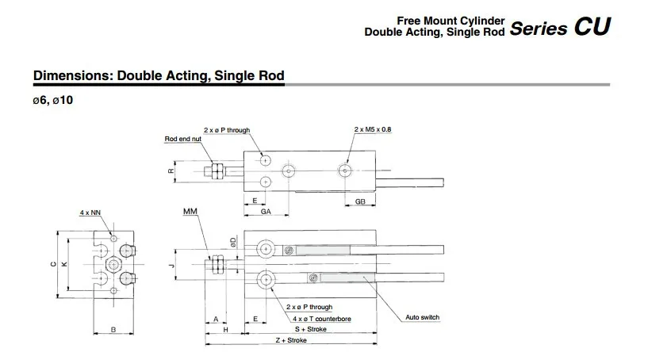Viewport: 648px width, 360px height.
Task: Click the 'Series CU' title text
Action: [560, 27]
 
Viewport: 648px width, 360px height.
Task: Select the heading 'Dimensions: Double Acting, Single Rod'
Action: [159, 75]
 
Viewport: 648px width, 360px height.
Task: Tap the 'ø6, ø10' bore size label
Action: [53, 101]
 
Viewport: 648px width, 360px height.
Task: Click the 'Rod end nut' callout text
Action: [182, 139]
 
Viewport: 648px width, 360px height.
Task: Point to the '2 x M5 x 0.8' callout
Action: [372, 129]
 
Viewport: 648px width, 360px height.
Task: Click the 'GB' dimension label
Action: [360, 201]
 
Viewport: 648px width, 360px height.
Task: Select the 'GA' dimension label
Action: [266, 212]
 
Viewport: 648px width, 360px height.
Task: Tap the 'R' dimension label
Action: [171, 170]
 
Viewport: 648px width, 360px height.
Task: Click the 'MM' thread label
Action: [190, 212]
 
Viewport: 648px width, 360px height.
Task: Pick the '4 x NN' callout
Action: [90, 213]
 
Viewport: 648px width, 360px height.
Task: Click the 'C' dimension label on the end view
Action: [53, 264]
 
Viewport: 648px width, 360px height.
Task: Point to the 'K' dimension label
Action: [64, 264]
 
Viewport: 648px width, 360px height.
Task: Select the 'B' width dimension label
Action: [113, 330]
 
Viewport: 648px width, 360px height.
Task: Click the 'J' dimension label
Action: [172, 266]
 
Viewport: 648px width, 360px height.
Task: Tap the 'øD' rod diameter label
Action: [233, 242]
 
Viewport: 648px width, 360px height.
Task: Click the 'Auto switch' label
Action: [423, 317]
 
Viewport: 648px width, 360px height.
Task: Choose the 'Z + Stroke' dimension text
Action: [291, 341]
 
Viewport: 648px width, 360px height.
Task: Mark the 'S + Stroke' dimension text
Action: [311, 329]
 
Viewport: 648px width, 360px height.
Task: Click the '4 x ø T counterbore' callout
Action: [322, 319]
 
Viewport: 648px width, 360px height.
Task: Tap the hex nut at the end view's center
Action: [113, 264]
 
